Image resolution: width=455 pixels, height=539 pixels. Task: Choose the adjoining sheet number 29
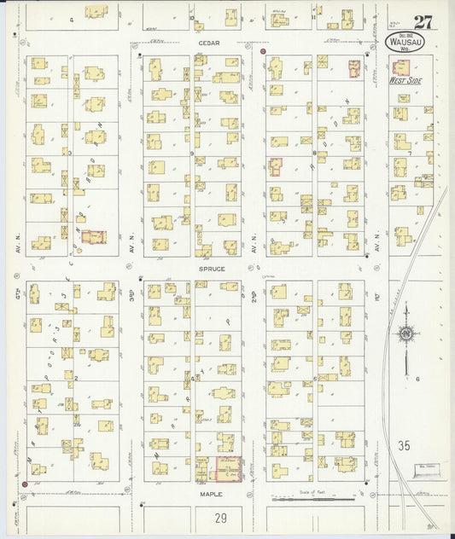[x=221, y=517]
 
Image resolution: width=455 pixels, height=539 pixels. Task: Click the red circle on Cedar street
[x=264, y=52]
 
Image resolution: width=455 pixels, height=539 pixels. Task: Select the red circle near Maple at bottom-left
[x=24, y=484]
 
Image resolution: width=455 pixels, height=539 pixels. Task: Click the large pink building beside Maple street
[x=229, y=470]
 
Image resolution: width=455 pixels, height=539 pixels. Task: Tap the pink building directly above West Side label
[x=355, y=68]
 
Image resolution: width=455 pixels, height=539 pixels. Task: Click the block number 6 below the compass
[x=419, y=378]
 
